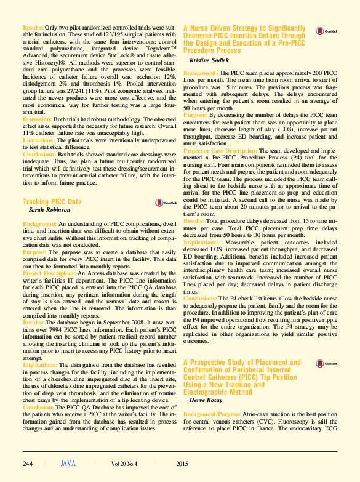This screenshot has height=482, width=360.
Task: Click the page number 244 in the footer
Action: point(28,464)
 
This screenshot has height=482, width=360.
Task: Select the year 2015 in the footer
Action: point(182,464)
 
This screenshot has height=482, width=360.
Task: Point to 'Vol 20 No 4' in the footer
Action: point(125,464)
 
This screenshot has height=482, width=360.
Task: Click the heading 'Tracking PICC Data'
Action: point(52,201)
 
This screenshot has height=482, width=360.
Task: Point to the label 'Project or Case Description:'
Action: point(220,150)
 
